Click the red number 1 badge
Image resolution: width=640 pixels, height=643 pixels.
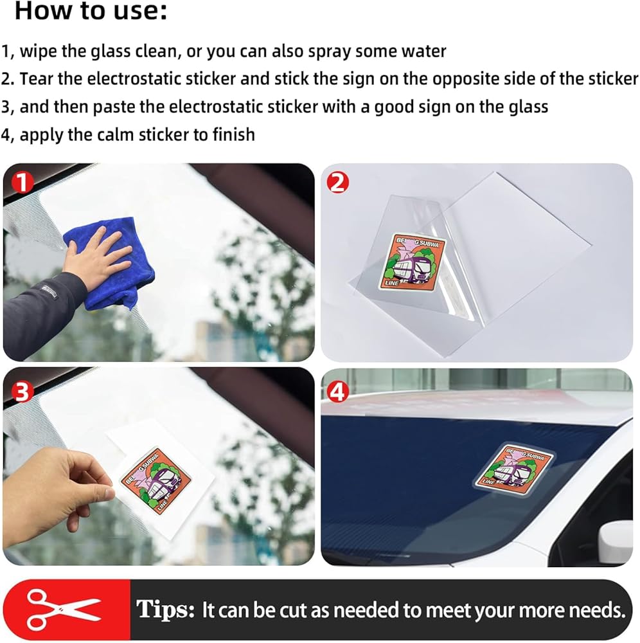22,183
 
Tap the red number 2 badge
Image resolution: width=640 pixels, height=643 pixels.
337,183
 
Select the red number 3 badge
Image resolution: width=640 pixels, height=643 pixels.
22,392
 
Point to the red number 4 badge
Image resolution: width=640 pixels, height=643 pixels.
337,392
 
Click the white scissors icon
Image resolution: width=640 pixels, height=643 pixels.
62,610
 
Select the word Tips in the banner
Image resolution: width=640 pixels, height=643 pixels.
164,610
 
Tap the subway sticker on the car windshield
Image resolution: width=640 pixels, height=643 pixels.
515,468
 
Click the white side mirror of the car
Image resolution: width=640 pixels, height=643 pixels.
616,541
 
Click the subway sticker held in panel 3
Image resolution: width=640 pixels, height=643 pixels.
156,478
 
